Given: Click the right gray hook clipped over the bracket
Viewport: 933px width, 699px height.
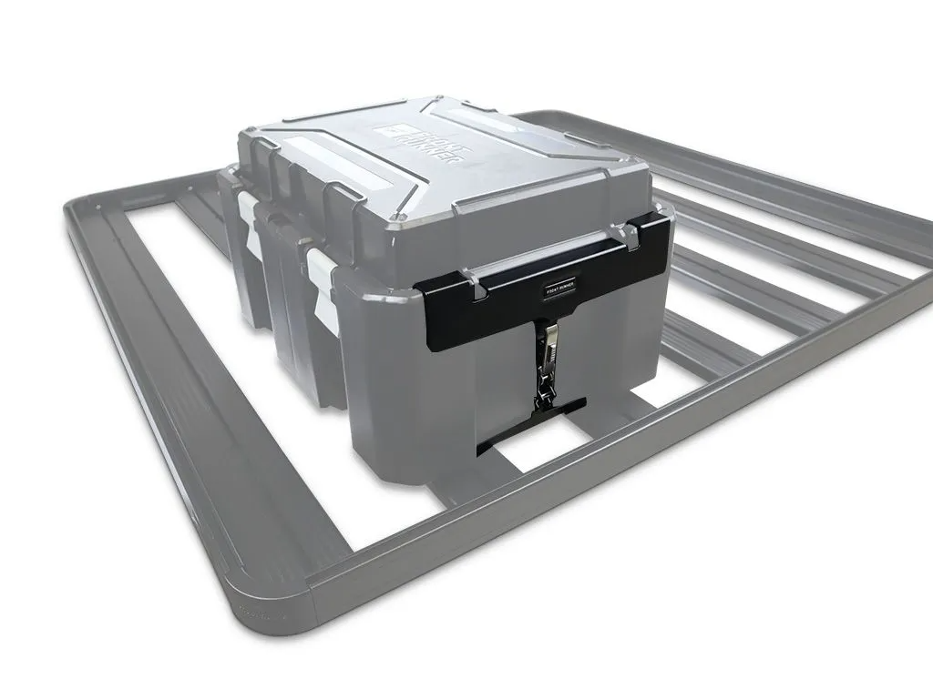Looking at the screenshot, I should point(631,237).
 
